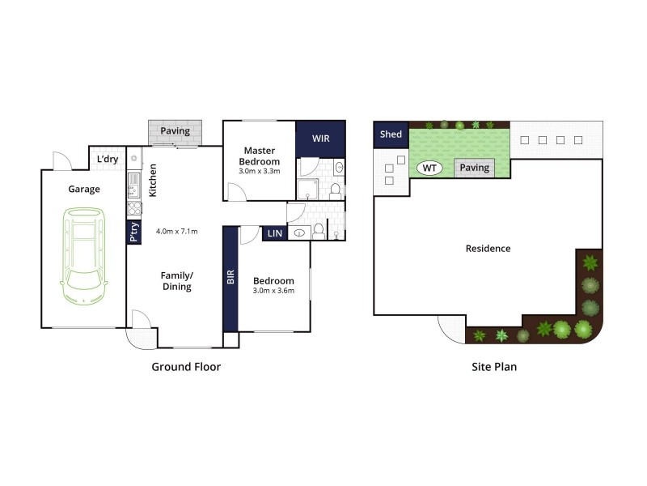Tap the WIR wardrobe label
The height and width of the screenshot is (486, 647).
click(320, 138)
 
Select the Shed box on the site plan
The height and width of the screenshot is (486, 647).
click(391, 134)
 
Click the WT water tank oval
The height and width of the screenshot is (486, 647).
click(429, 168)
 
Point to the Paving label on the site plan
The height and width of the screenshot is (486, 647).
click(475, 168)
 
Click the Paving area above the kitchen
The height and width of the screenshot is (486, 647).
click(175, 130)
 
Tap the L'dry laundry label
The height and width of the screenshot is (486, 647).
click(108, 159)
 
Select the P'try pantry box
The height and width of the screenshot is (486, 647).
click(133, 232)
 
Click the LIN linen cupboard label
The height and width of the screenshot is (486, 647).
click(273, 234)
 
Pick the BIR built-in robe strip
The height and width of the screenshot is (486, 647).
click(230, 279)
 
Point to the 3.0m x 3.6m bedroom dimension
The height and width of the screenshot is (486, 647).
click(273, 291)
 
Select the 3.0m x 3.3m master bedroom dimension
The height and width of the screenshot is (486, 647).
click(259, 172)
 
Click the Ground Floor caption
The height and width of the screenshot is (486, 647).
click(186, 367)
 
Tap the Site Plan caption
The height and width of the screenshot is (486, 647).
click(494, 367)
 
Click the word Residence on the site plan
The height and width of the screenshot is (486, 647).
click(488, 249)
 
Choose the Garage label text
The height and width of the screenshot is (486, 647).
click(84, 190)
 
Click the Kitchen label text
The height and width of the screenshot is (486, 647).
click(152, 181)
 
